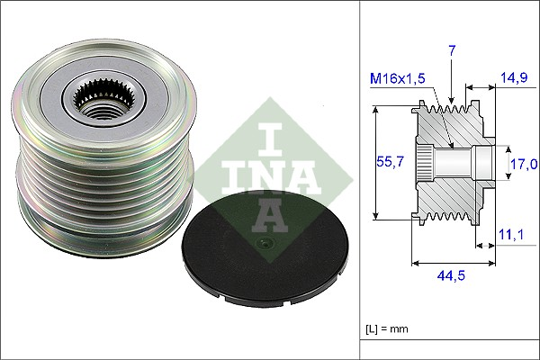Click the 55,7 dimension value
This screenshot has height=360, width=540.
click(x=389, y=162)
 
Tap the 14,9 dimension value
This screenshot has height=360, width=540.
click(x=514, y=78)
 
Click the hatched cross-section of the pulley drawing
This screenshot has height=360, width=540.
click(x=450, y=193)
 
